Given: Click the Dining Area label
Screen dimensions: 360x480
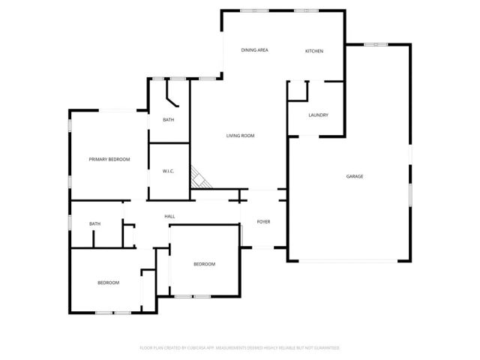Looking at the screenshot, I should click(x=254, y=50).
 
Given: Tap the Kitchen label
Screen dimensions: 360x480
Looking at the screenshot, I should click(x=313, y=51).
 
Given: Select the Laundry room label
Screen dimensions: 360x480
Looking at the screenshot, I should click(x=319, y=115).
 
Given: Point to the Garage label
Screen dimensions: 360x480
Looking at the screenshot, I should click(x=355, y=176).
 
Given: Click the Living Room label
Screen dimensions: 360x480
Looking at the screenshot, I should click(x=241, y=136).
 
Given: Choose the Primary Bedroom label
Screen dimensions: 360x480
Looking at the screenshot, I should click(x=109, y=159).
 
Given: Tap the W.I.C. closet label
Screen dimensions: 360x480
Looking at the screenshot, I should click(x=169, y=172).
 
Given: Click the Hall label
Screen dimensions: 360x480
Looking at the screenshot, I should click(x=170, y=217).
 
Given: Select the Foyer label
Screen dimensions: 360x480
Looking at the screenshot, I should click(x=263, y=222).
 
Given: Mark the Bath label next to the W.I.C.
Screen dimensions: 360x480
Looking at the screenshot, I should click(x=169, y=120).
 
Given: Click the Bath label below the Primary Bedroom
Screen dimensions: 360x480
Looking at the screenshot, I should click(x=95, y=223).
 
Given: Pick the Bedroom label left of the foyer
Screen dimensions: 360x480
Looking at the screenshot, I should click(x=205, y=264).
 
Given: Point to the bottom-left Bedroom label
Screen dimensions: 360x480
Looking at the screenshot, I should click(x=108, y=283).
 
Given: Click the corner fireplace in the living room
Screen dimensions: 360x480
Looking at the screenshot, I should click(x=198, y=178).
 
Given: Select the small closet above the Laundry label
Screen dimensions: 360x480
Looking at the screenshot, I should click(x=298, y=91).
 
